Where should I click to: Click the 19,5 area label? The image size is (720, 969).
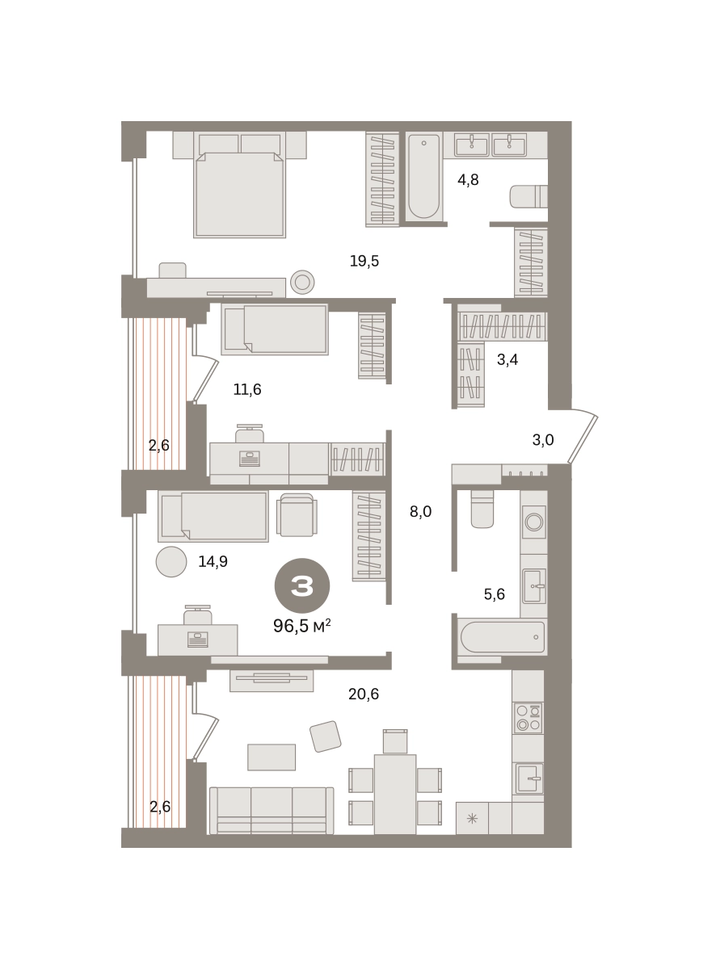click(x=364, y=262)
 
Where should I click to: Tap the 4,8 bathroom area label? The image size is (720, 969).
click(x=468, y=179)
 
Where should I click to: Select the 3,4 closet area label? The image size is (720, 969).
click(x=507, y=359)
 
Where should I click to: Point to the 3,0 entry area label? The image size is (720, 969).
click(x=543, y=439)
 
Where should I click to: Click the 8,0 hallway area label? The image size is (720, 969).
click(x=420, y=511)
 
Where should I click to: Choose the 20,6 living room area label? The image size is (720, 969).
click(x=364, y=694)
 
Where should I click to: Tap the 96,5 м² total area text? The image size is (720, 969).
click(x=301, y=627)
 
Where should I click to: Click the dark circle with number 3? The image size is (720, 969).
click(x=302, y=586)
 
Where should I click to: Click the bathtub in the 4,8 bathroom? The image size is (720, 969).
click(x=423, y=177)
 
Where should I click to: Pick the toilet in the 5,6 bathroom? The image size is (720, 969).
click(x=482, y=509)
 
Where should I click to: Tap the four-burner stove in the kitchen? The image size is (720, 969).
click(x=528, y=718)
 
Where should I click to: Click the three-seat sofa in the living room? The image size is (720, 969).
click(x=272, y=811)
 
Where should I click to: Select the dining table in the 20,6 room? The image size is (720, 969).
click(x=395, y=795)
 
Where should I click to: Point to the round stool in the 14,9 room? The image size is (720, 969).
click(x=171, y=562)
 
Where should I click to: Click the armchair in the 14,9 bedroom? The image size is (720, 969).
click(x=297, y=515)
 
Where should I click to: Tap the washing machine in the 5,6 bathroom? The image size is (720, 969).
click(x=534, y=522)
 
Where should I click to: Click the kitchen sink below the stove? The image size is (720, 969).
click(x=529, y=778)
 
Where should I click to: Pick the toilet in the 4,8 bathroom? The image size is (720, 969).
click(x=528, y=196)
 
